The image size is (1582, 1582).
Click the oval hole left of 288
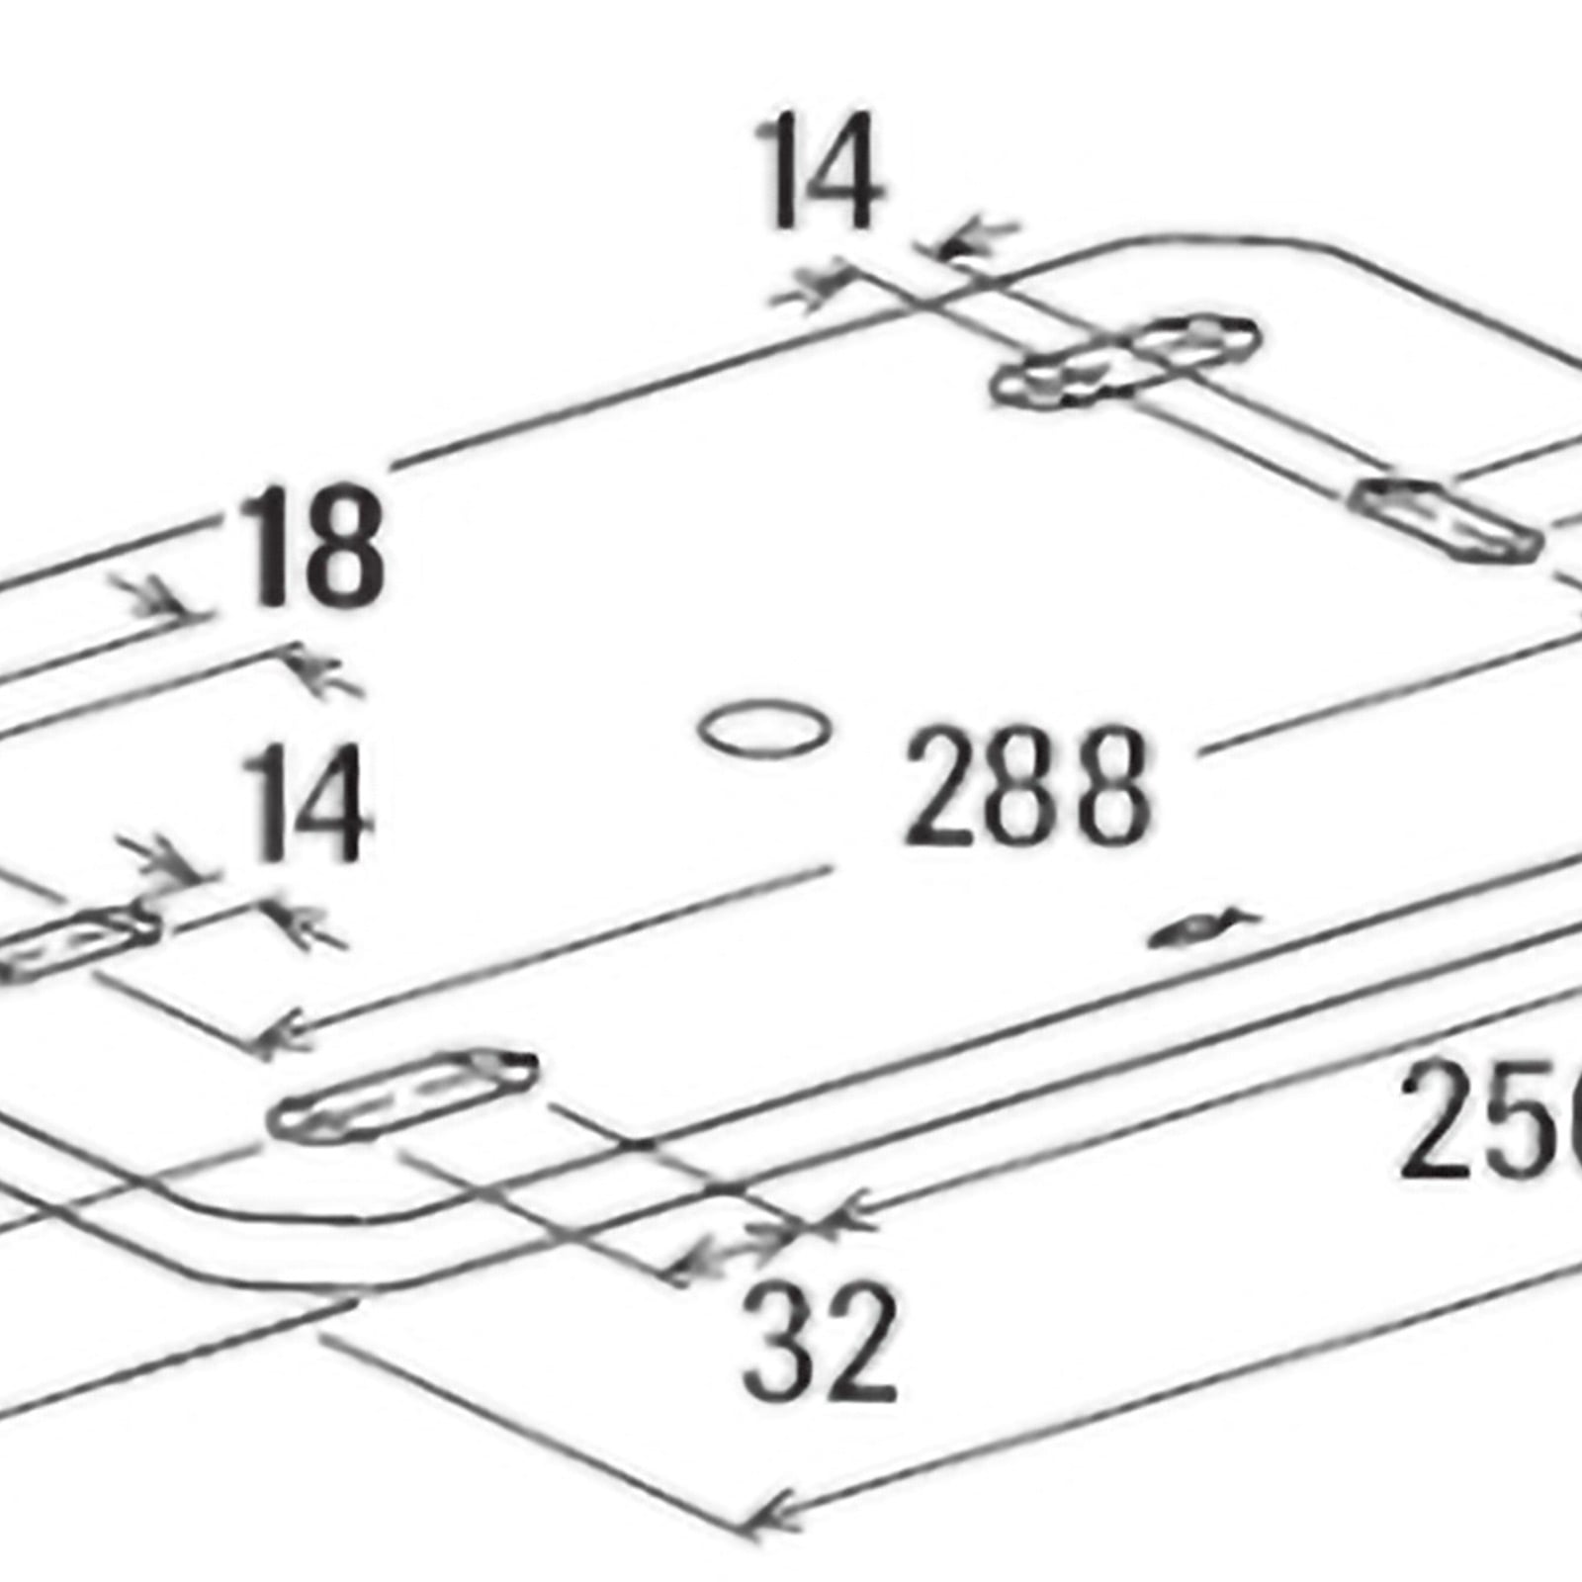point(763,730)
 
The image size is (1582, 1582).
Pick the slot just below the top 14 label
point(1127,361)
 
